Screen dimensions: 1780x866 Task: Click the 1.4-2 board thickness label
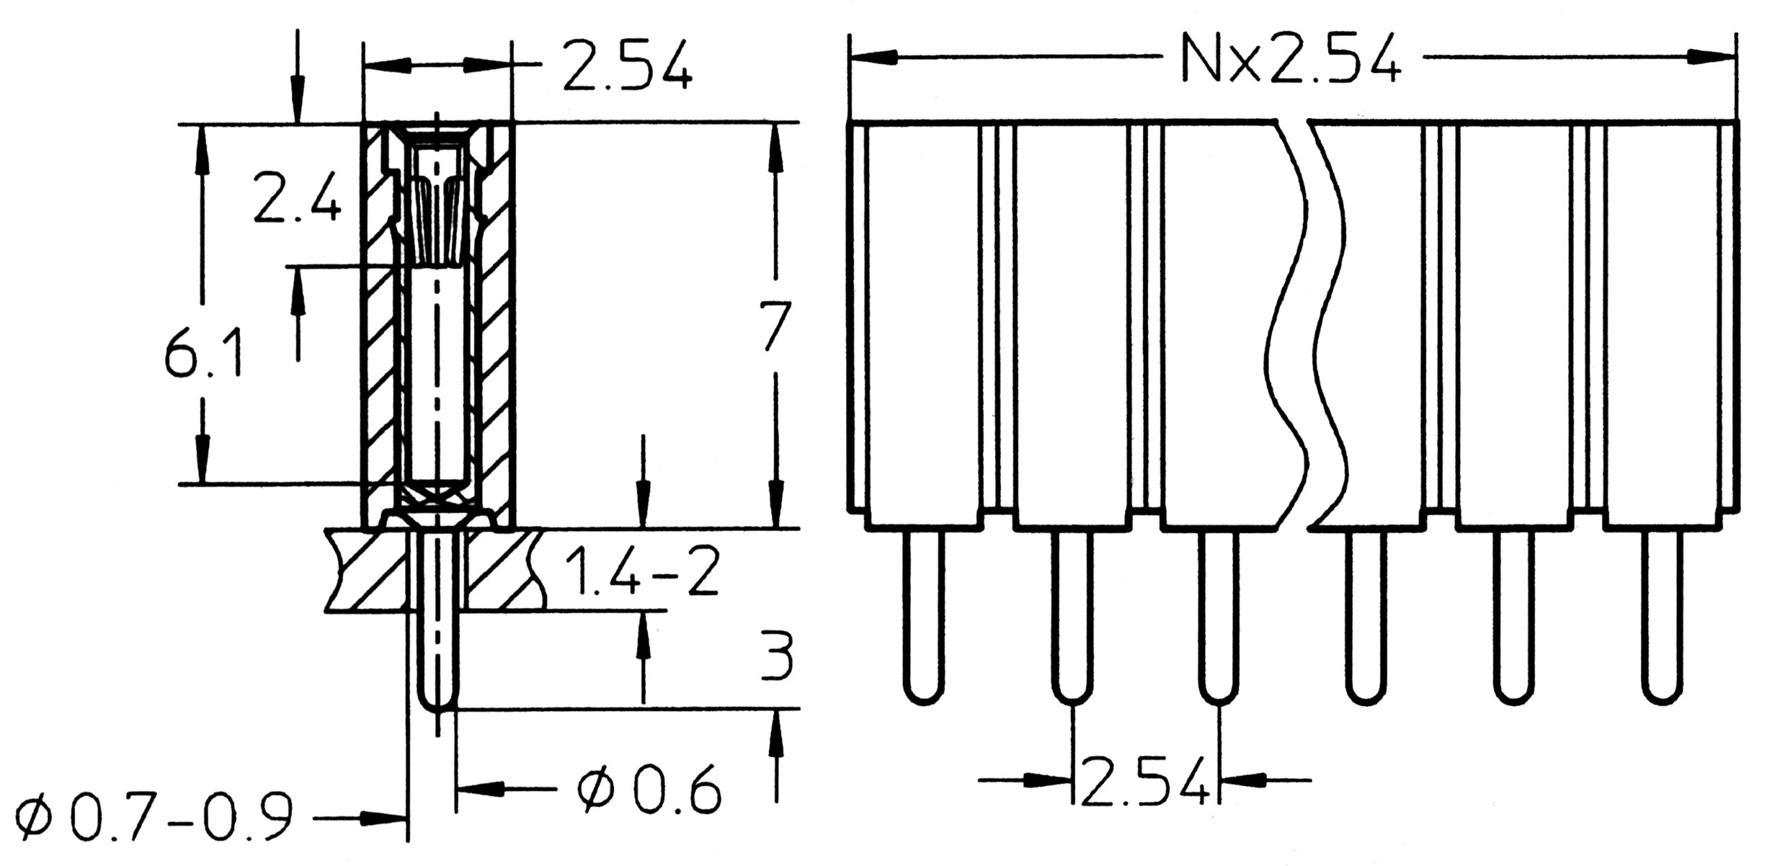coord(640,571)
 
